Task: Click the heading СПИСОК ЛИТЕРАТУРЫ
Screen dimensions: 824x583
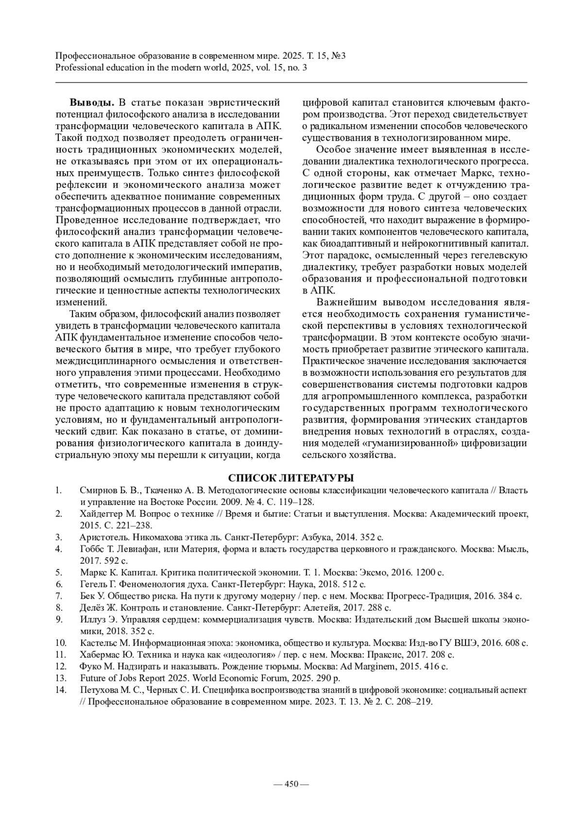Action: coord(291,478)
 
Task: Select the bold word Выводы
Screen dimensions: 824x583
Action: coord(92,102)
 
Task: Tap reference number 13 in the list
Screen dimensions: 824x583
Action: coord(61,678)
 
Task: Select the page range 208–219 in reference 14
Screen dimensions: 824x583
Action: coord(415,702)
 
